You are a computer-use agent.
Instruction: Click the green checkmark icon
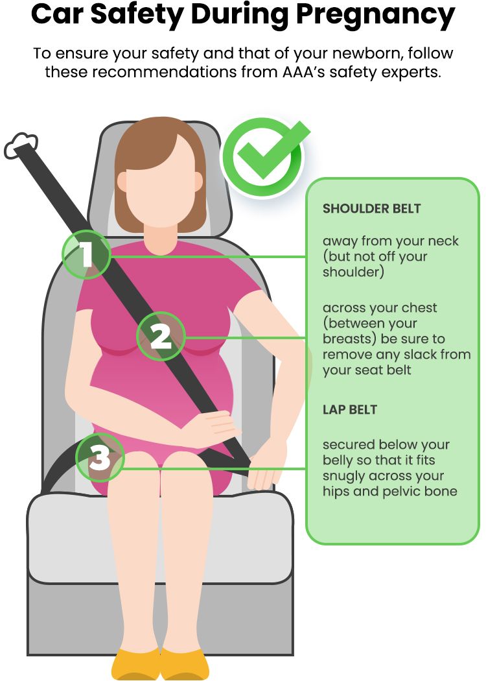(263, 156)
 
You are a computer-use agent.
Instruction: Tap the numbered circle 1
(87, 254)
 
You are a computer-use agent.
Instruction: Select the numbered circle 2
(161, 336)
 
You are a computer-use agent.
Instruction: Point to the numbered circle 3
(100, 457)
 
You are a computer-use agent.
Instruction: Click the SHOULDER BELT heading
(371, 208)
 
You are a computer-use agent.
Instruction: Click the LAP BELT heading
(350, 409)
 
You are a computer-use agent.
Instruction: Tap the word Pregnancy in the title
(375, 16)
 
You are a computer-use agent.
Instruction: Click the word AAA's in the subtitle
(302, 71)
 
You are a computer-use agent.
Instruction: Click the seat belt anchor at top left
(21, 145)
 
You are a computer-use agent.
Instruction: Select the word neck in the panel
(443, 241)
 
